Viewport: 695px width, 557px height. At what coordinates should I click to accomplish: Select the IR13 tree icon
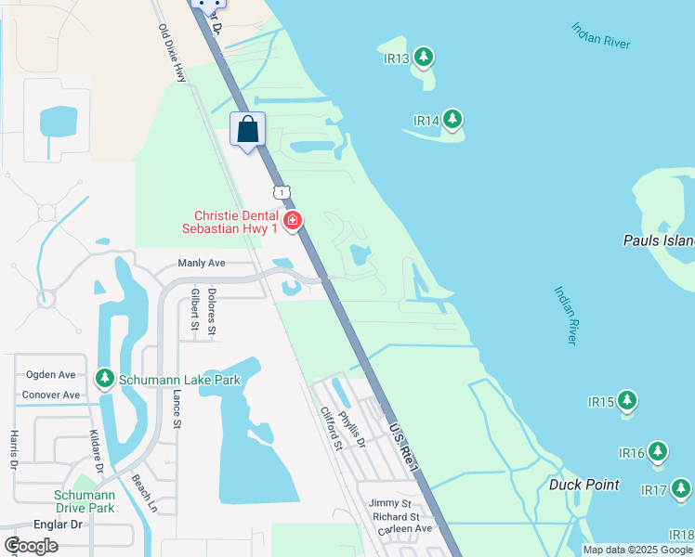[x=424, y=58]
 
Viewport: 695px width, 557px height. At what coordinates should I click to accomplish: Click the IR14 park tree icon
[x=452, y=120]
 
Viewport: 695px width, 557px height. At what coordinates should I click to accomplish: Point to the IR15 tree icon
[x=627, y=401]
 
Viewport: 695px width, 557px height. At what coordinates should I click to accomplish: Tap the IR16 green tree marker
[x=658, y=452]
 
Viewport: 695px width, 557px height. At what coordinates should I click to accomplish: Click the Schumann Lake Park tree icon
[x=104, y=379]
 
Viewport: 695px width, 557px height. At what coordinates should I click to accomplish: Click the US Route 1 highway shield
[x=282, y=191]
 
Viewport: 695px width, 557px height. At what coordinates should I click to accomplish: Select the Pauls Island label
[x=658, y=241]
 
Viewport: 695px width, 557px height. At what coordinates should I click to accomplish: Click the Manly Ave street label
[x=202, y=264]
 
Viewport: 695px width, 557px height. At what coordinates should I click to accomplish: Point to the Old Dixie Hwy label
[x=172, y=54]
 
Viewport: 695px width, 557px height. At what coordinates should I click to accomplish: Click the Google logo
[x=31, y=546]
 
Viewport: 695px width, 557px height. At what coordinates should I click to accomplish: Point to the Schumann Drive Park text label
[x=84, y=501]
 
